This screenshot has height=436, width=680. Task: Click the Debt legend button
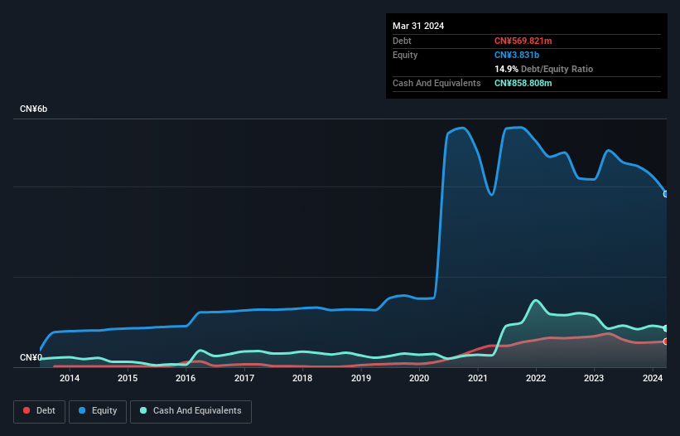click(38, 411)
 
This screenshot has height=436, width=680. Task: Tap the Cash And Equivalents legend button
click(190, 411)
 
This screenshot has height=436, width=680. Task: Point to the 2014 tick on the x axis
click(70, 379)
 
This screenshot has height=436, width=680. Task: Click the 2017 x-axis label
click(244, 379)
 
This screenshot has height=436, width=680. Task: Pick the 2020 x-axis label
click(419, 379)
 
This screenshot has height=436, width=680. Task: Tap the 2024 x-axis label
click(653, 379)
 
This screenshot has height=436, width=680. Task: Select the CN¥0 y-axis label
click(31, 358)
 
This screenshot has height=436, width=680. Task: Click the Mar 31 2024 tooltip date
click(418, 26)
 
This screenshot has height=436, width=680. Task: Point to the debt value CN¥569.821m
click(523, 41)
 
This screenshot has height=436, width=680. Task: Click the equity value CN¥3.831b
click(518, 55)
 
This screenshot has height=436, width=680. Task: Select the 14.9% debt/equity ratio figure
click(506, 69)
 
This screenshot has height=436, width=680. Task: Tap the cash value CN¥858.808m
click(523, 83)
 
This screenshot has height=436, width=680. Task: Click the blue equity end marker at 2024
click(665, 194)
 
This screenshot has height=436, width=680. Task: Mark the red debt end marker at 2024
click(665, 342)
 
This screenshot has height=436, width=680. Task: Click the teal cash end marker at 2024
click(665, 328)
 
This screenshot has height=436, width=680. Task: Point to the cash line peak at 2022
click(536, 300)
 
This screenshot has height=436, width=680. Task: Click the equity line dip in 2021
click(492, 195)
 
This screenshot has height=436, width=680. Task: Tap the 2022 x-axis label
click(536, 379)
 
